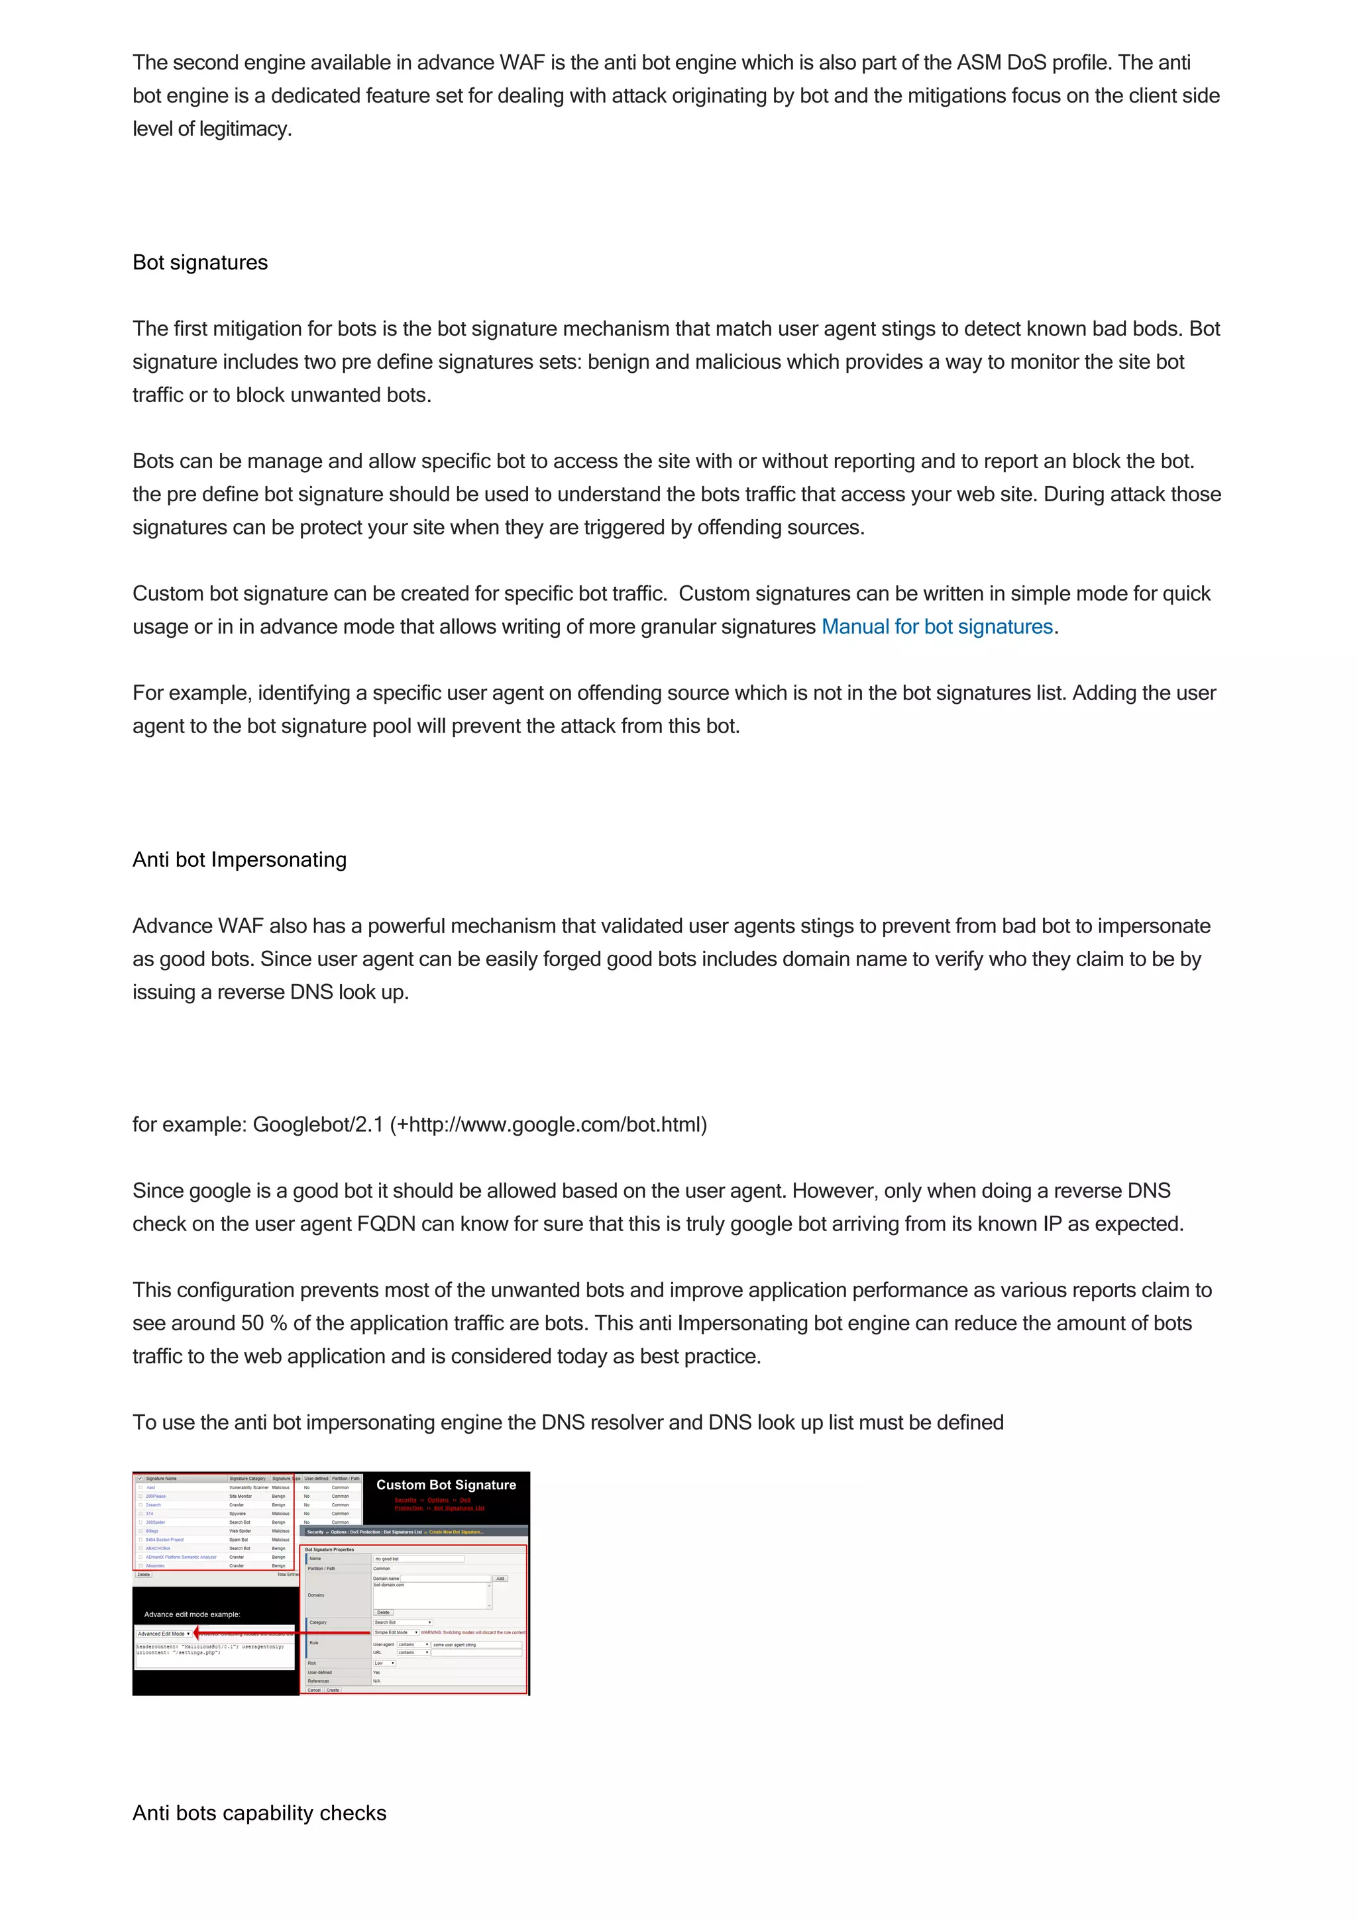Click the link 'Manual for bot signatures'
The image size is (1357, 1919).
pyautogui.click(x=936, y=627)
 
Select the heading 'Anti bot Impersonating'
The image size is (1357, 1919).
pyautogui.click(x=239, y=860)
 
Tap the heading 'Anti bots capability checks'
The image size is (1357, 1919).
pyautogui.click(x=259, y=1813)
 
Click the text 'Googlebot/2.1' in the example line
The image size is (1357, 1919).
pyautogui.click(x=318, y=1124)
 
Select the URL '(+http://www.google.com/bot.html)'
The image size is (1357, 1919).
pyautogui.click(x=549, y=1124)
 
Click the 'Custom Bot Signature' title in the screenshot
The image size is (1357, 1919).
pyautogui.click(x=446, y=1485)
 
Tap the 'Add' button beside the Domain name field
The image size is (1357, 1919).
pyautogui.click(x=500, y=1579)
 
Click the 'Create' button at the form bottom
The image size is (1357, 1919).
pyautogui.click(x=333, y=1690)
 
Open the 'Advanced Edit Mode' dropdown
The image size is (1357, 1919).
pyautogui.click(x=164, y=1633)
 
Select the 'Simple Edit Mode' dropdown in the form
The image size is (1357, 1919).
pyautogui.click(x=396, y=1632)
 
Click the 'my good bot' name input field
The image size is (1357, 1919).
pyautogui.click(x=418, y=1559)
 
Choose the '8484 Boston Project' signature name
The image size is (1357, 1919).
pyautogui.click(x=165, y=1540)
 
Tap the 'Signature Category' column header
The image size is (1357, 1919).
pyautogui.click(x=248, y=1479)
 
